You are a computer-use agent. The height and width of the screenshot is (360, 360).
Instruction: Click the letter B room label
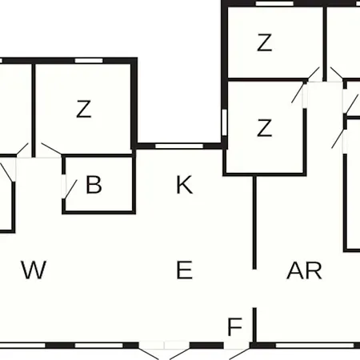(x=94, y=185)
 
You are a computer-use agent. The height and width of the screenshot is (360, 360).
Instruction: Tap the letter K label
(x=184, y=185)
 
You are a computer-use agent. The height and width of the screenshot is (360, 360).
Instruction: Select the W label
(x=34, y=270)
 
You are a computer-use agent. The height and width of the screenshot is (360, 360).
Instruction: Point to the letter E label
(x=184, y=270)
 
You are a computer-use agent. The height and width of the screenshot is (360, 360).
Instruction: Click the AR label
(x=304, y=270)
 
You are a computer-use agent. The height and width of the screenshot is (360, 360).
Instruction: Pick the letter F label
(x=234, y=326)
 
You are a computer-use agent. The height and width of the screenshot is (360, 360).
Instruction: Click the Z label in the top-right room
(x=264, y=42)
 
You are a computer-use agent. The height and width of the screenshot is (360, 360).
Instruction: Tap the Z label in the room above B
(x=84, y=109)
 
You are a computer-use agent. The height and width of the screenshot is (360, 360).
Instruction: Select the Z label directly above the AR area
(x=264, y=128)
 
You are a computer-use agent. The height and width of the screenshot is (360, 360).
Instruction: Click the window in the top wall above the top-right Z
(x=274, y=3)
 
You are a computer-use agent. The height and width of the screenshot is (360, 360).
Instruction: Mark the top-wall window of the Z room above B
(x=89, y=61)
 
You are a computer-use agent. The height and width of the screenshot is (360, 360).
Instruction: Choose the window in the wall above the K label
(x=179, y=146)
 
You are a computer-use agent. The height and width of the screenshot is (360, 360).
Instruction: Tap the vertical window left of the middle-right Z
(x=225, y=122)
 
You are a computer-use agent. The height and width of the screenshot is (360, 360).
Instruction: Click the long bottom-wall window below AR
(x=314, y=346)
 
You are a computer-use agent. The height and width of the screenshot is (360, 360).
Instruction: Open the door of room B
(x=70, y=189)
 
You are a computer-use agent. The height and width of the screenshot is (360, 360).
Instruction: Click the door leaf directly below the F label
(x=240, y=354)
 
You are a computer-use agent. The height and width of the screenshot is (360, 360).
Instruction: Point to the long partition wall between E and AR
(x=254, y=222)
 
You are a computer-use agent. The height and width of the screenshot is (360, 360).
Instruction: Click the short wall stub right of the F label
(x=254, y=326)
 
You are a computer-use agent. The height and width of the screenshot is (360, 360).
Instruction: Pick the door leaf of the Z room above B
(x=51, y=149)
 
